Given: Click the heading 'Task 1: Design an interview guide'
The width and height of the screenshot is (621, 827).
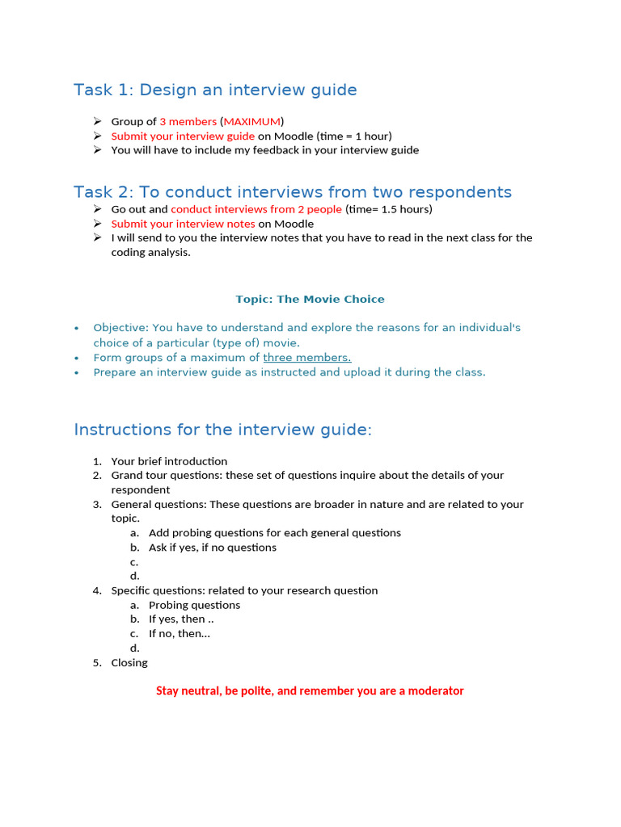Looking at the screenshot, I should [215, 90].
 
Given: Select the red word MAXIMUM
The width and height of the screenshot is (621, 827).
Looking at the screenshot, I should [251, 121].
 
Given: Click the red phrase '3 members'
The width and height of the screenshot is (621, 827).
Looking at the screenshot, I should [188, 121].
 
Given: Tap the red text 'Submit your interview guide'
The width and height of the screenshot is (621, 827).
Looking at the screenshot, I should [183, 136].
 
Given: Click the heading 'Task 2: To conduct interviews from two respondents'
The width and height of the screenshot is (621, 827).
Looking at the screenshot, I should [293, 192].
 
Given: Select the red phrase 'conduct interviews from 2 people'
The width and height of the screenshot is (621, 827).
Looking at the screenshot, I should [256, 209].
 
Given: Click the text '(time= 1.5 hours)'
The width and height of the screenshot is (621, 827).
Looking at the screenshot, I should [389, 209].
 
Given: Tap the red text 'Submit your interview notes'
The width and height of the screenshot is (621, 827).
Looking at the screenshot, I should [183, 224].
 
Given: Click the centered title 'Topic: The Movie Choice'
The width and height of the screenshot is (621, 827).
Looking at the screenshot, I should [310, 299].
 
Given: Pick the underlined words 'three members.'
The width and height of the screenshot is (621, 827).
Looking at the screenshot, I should [307, 358].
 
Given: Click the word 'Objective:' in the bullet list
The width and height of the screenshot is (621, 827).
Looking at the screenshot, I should [120, 328].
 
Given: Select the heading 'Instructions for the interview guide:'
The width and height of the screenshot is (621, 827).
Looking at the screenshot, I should [222, 430].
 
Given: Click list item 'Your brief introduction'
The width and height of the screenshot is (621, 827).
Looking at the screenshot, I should [169, 461].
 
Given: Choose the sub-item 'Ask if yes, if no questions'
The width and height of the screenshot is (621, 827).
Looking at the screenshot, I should [213, 548].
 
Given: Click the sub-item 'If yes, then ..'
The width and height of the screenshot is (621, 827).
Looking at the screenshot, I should [181, 619].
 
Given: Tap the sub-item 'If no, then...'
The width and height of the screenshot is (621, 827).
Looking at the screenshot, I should [180, 634].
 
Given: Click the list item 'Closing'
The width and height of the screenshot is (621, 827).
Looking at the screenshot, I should [129, 663].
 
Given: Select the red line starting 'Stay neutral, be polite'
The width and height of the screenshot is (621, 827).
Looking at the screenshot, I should [310, 691].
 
